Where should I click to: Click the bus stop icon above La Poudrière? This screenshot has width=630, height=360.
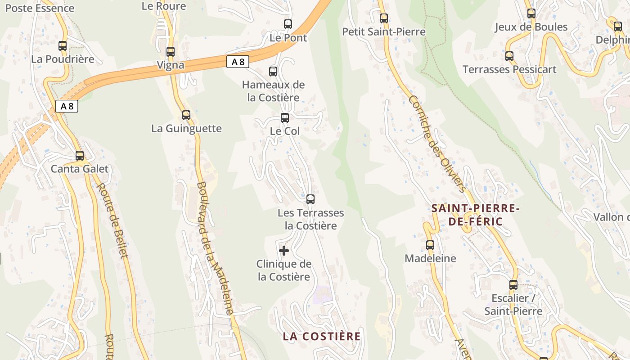tap(63, 45)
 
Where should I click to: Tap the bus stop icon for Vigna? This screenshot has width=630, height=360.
tap(170, 51)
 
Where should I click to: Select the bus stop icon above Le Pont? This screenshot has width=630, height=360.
tap(288, 24)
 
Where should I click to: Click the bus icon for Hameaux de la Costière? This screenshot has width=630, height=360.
tap(273, 71)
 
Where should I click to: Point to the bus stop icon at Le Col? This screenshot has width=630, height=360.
tap(284, 118)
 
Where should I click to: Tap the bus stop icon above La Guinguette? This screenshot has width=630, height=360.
tap(186, 115)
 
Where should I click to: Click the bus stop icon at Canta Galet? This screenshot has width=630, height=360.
tap(80, 156)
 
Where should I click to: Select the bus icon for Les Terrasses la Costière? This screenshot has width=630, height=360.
tap(310, 199)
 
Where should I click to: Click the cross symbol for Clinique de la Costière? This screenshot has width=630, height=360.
tap(284, 250)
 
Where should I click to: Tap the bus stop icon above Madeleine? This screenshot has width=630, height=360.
tap(430, 245)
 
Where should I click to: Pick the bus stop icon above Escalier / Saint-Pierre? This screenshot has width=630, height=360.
tap(513, 284)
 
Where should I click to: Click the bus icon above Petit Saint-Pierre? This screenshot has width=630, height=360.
tap(383, 18)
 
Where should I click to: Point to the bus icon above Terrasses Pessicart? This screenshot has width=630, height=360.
tap(509, 56)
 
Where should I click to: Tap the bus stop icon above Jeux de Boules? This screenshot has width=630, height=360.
tap(531, 13)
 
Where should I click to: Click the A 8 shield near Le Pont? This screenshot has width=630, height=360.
tap(237, 62)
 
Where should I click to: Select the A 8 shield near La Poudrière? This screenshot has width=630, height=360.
tap(67, 106)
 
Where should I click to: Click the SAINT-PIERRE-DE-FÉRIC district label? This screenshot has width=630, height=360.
tap(475, 215)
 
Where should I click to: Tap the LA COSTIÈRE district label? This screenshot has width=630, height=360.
tap(322, 336)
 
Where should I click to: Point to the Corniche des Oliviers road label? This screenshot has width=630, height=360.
tap(436, 144)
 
